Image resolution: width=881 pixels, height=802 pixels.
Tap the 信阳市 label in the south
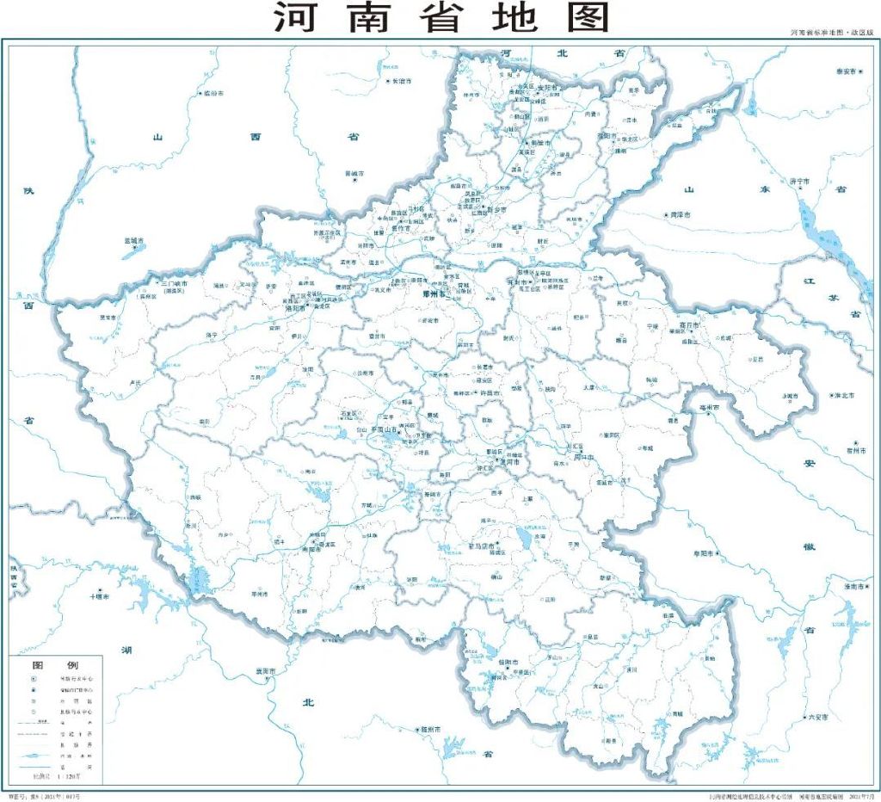pos(508,662)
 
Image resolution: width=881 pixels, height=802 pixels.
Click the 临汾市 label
pos(212,93)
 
